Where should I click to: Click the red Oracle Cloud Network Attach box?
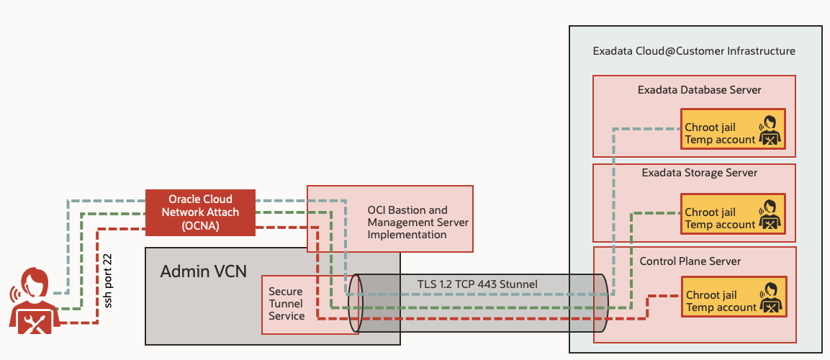click(x=200, y=212)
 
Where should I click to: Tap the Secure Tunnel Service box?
click(x=287, y=304)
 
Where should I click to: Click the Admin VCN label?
click(x=203, y=271)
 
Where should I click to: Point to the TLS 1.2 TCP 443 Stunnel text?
click(x=477, y=284)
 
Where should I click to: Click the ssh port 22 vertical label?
click(x=109, y=280)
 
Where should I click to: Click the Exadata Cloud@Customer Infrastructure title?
click(x=693, y=52)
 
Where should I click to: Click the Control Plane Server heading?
click(x=690, y=261)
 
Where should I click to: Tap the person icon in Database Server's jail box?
click(x=770, y=130)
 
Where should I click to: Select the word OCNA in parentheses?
click(x=200, y=225)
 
